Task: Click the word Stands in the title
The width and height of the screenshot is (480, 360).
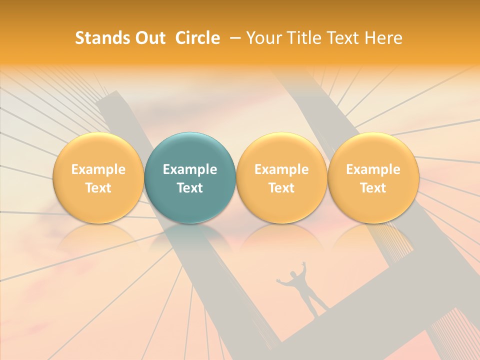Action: click(x=100, y=38)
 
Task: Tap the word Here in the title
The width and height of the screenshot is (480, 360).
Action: click(x=382, y=38)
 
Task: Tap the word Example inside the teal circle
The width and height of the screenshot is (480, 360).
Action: click(x=190, y=169)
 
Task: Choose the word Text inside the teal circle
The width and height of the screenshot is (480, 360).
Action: click(x=190, y=188)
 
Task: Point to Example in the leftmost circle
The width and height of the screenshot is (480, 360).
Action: click(x=98, y=169)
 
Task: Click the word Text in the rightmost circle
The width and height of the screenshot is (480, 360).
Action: click(x=373, y=188)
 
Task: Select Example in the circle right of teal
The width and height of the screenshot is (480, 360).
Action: click(x=281, y=169)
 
